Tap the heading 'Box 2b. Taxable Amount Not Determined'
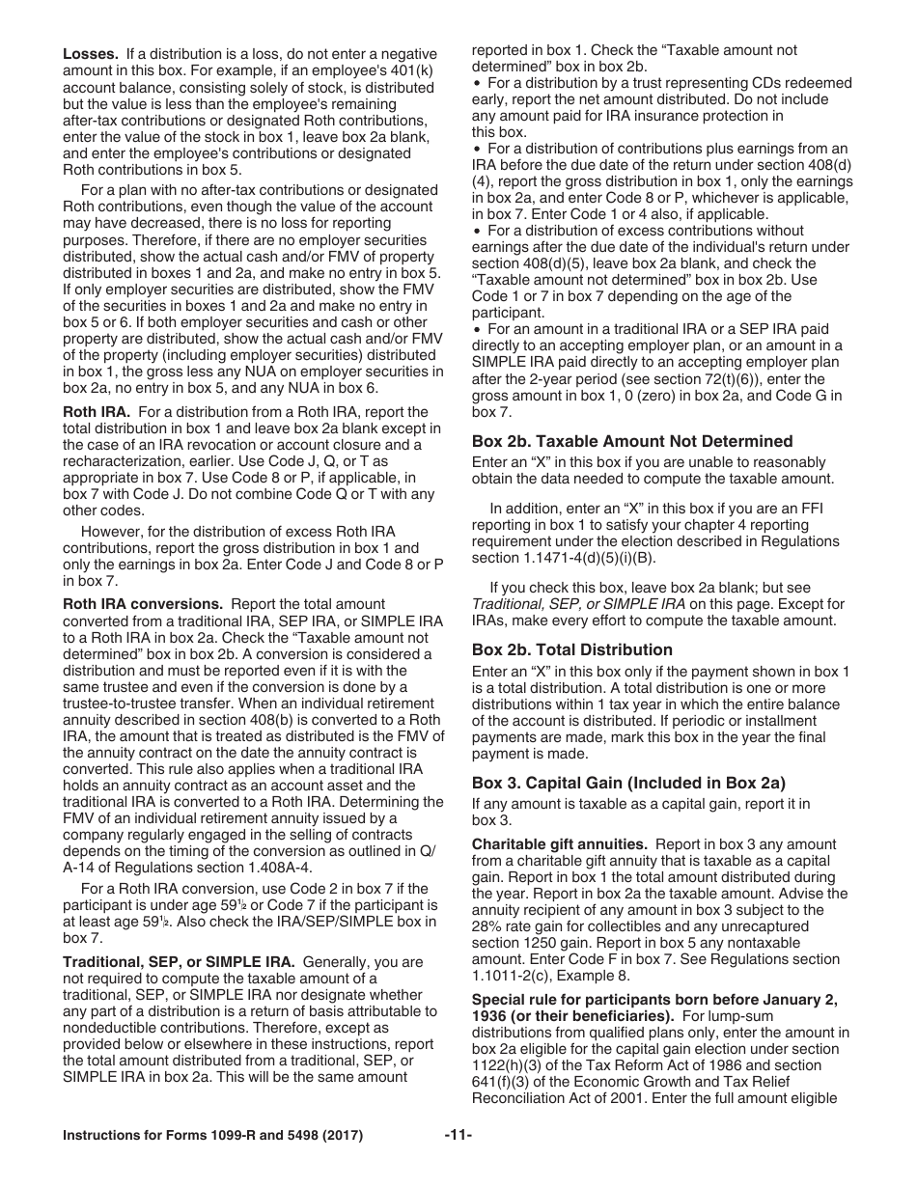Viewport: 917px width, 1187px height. [632, 441]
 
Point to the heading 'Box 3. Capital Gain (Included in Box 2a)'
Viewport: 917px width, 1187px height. [628, 783]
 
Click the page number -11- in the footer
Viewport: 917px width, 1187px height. [458, 1136]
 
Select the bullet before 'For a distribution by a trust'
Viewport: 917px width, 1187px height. [477, 84]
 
